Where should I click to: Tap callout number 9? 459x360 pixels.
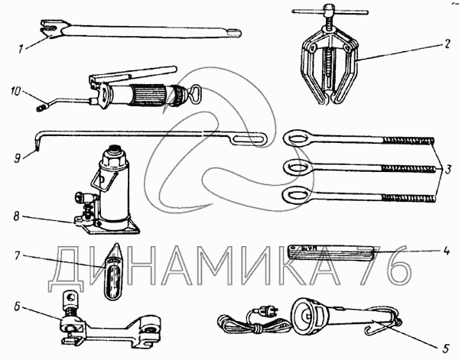point(16,159)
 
